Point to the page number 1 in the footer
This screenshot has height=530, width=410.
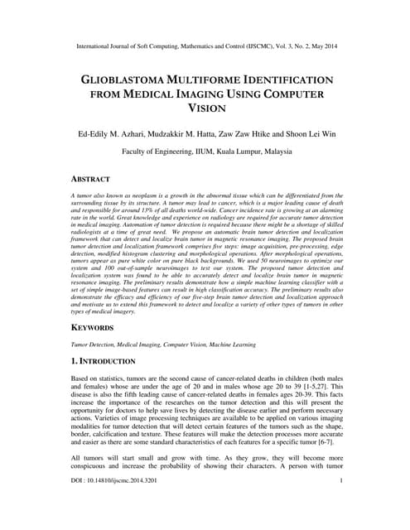tap(341, 503)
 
